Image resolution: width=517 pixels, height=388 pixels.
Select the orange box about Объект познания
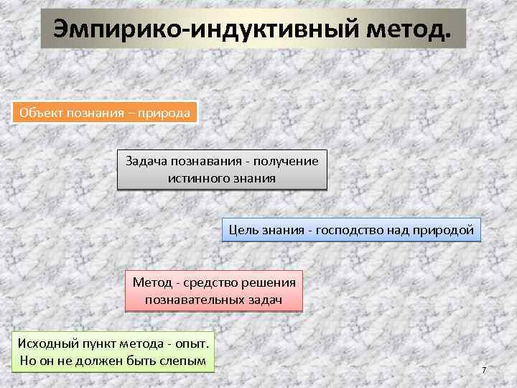tap(105, 113)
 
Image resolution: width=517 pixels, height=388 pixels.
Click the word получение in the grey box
tap(286, 161)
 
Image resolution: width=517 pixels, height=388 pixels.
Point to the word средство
tap(214, 282)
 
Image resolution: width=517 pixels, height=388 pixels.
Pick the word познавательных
tap(192, 298)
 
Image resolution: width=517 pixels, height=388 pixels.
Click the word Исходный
tap(47, 343)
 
